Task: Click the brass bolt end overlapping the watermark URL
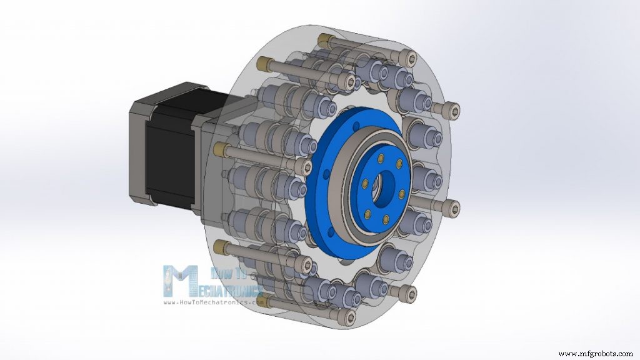[x=270, y=302]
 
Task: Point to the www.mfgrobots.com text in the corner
[x=597, y=354]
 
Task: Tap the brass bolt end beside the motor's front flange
[x=218, y=148]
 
